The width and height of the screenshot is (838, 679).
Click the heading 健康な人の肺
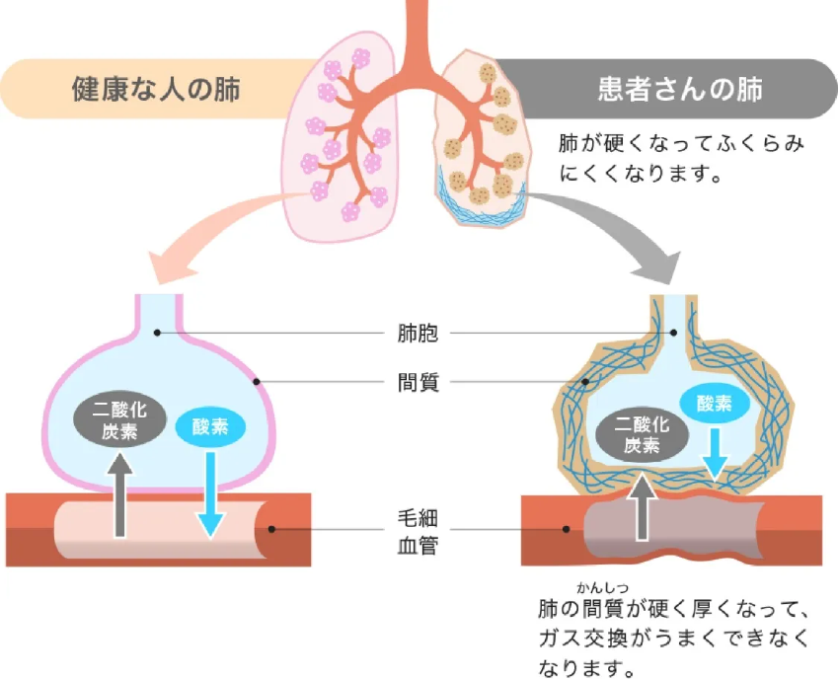(155, 89)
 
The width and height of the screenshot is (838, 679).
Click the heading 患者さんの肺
(680, 89)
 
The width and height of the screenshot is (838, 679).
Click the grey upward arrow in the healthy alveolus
(119, 492)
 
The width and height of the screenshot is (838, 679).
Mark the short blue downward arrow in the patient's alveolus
(716, 452)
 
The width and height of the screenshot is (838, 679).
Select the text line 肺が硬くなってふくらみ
(681, 144)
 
